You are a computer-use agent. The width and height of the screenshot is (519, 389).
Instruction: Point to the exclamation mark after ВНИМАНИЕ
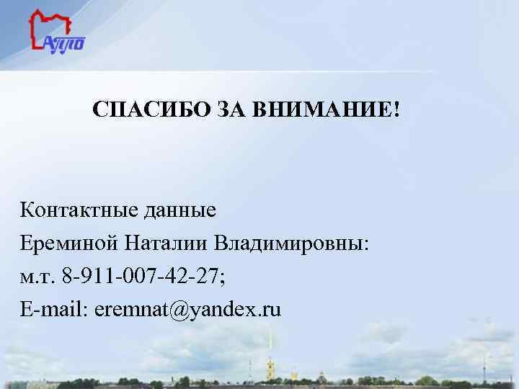[x=396, y=110]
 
